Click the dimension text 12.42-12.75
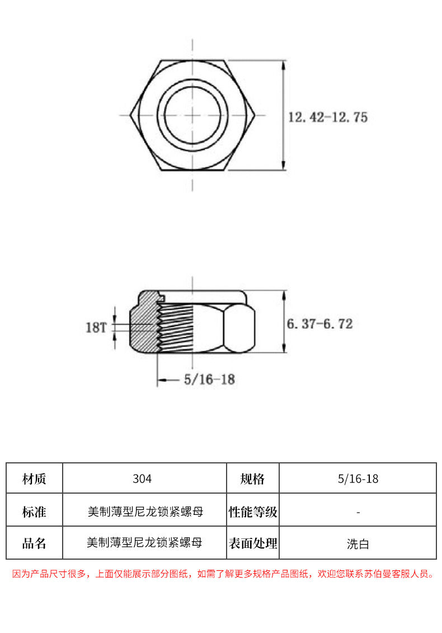coord(327,118)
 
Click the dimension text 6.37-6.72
coord(319,324)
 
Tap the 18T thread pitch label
coord(96,327)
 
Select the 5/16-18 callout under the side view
coord(209,379)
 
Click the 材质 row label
coord(34,479)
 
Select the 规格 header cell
coord(252,479)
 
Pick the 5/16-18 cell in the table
coord(358,479)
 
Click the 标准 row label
coord(34,512)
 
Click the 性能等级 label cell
coord(253,512)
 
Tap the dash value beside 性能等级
coord(358,512)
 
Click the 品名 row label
coord(34,543)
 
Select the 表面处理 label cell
coord(253,543)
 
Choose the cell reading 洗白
coord(358,543)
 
